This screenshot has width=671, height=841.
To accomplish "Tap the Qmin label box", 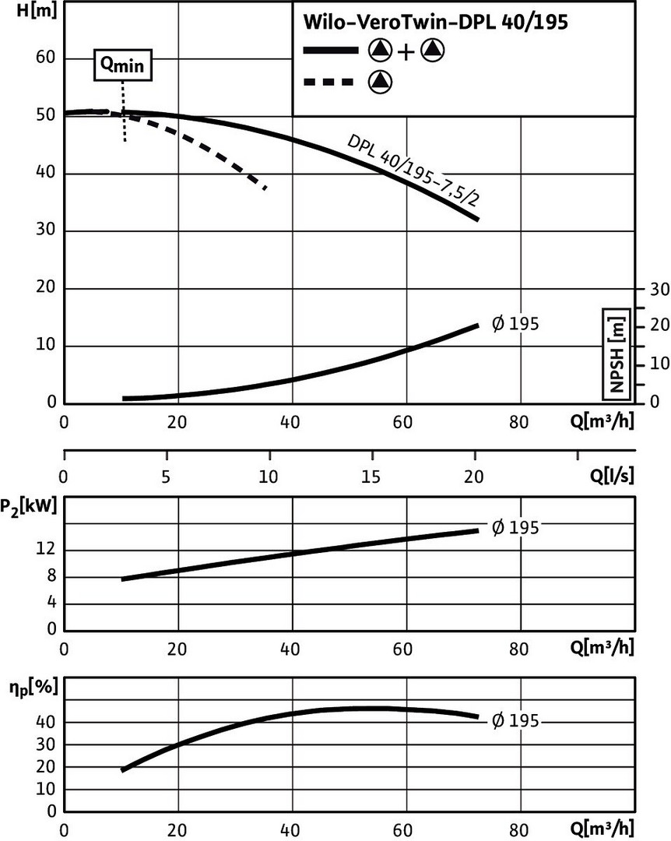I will (122, 66).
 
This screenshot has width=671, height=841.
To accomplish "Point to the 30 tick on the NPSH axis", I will (659, 289).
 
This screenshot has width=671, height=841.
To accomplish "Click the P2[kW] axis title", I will (30, 507).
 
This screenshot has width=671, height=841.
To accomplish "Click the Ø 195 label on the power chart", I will (515, 528).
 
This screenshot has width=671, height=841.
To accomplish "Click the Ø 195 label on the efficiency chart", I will (515, 721).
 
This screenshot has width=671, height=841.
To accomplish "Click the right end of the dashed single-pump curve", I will (266, 188).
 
